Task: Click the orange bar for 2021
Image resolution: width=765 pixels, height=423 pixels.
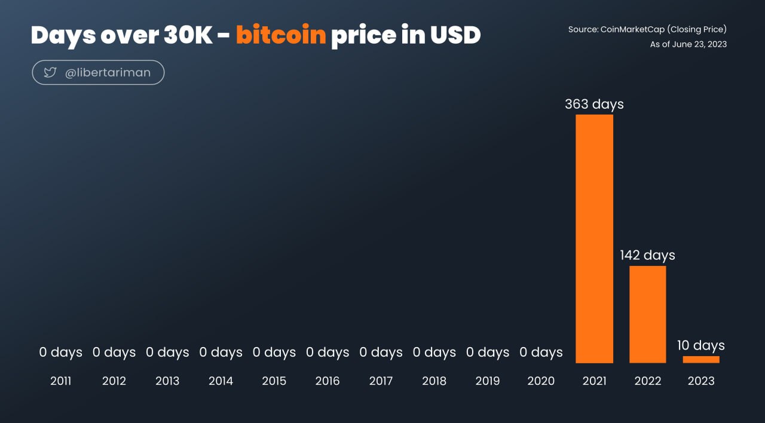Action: (x=594, y=238)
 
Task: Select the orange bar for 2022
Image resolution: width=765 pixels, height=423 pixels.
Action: (x=647, y=314)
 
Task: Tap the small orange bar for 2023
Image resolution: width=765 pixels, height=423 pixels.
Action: (x=701, y=360)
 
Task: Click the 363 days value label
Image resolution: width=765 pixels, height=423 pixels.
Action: (x=594, y=105)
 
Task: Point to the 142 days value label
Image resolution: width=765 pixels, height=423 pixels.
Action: (x=647, y=255)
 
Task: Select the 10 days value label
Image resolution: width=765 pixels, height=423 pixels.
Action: (x=701, y=345)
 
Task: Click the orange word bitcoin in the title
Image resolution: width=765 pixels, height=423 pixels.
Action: (x=281, y=35)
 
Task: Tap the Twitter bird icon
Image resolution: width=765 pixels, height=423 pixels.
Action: (x=50, y=72)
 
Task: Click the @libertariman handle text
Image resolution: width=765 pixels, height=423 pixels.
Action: (x=108, y=73)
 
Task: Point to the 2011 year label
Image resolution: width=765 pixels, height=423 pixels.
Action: (x=61, y=381)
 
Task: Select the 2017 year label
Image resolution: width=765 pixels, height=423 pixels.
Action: (x=381, y=381)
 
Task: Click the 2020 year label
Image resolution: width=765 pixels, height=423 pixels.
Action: (x=541, y=381)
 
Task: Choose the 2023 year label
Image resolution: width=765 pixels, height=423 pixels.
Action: (x=701, y=381)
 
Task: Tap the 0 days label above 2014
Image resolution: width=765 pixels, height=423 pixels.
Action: (x=221, y=352)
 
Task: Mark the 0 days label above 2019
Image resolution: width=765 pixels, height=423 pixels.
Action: (x=487, y=352)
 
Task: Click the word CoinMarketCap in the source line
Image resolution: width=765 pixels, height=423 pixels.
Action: (x=632, y=30)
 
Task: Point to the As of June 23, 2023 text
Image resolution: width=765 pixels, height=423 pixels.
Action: (x=688, y=44)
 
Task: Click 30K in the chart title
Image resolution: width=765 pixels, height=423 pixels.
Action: (x=188, y=35)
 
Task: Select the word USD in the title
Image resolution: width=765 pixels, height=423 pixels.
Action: (x=455, y=35)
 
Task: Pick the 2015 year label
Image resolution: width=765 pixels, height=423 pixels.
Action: (x=274, y=381)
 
